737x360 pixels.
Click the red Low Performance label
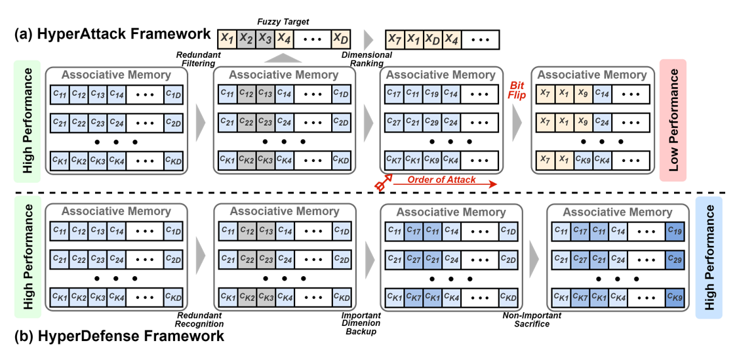pos(673,119)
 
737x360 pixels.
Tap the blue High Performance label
pos(709,257)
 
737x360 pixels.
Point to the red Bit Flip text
pos(517,90)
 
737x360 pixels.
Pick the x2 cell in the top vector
pos(245,39)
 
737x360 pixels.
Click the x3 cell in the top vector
pos(264,39)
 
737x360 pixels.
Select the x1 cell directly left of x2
pos(227,39)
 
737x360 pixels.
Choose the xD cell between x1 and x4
pos(432,39)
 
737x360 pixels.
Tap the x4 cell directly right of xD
pos(451,39)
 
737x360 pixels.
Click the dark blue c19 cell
pos(675,231)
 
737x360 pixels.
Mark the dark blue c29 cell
pos(675,260)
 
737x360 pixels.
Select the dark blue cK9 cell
pos(675,298)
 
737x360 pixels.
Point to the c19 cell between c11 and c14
pos(432,94)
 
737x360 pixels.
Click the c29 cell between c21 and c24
pos(432,123)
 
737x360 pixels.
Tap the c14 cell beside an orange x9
pos(603,94)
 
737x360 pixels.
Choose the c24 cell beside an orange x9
pos(603,123)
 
